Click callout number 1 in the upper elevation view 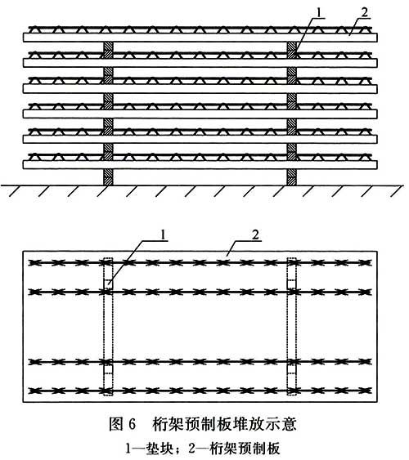pos(320,12)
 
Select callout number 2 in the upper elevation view pos(364,12)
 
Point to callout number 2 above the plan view pos(256,235)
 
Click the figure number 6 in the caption pos(133,424)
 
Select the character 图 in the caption pos(115,424)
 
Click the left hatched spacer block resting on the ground pos(108,177)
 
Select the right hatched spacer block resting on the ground pos(291,177)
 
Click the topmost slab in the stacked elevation pos(200,38)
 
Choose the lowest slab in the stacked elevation pos(200,164)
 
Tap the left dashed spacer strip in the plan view pos(108,327)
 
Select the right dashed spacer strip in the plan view pos(292,327)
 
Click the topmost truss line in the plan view pos(200,262)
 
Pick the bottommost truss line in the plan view pos(200,391)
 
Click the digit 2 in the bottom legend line pos(192,449)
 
